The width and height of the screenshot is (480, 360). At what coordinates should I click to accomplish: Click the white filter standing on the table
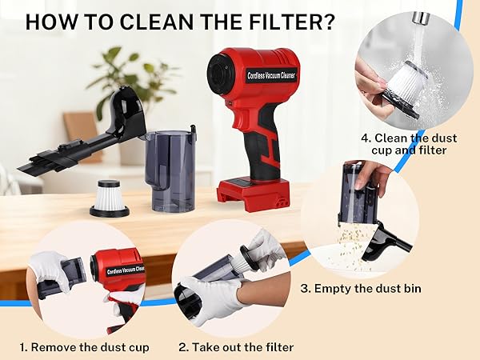pyautogui.click(x=108, y=198)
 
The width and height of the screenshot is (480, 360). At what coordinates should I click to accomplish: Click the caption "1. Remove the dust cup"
pyautogui.click(x=86, y=347)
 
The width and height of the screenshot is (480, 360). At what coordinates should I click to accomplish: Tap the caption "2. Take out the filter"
pyautogui.click(x=236, y=347)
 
